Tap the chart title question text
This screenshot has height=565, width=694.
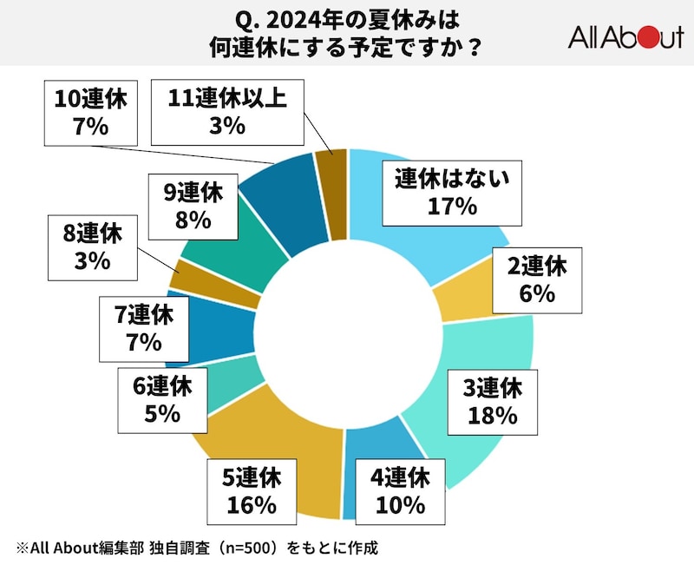tap(346, 33)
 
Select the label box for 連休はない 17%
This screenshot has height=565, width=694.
tap(448, 192)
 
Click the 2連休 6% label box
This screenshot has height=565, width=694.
tap(538, 280)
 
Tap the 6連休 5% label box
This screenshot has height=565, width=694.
tap(164, 399)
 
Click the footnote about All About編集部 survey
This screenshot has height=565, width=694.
tap(196, 548)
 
